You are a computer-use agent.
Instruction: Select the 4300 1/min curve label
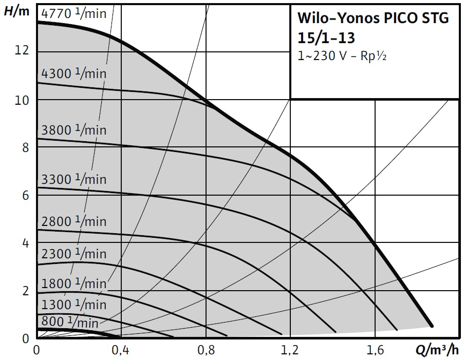74,73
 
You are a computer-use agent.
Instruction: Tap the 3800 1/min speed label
74,130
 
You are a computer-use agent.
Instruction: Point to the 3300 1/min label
74,179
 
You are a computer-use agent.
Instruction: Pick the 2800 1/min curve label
74,221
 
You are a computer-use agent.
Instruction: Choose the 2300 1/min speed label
74,254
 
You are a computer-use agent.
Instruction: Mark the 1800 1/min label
74,283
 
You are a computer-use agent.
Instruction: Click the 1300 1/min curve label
74,304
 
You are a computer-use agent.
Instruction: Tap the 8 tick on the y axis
27,147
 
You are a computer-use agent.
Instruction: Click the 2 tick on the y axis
27,291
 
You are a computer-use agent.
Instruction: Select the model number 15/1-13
326,38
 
